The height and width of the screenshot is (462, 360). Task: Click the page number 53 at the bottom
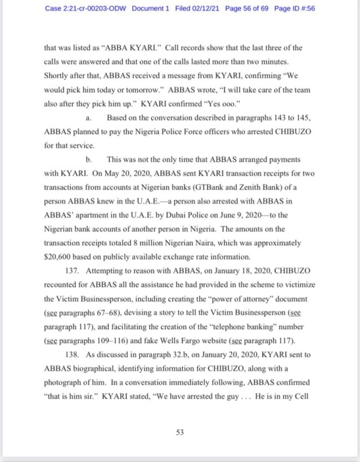(180, 432)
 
